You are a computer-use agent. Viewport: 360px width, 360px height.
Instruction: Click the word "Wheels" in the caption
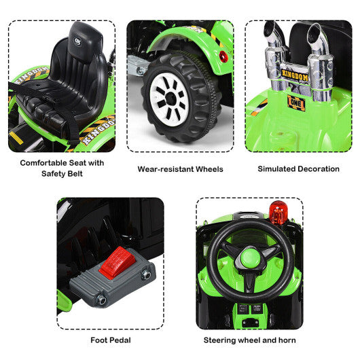pyautogui.click(x=206, y=169)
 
